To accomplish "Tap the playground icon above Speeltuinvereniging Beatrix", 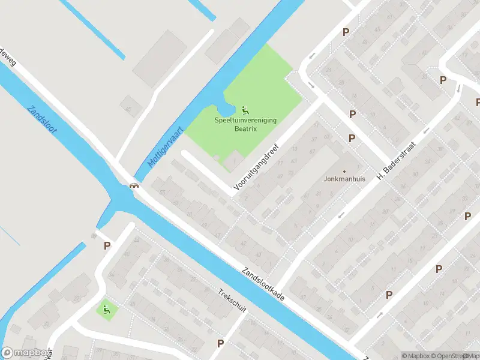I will tap(245, 110).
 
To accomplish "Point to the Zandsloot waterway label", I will tap(41, 119).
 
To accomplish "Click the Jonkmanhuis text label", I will tap(344, 179).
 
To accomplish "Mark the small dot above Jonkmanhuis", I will tap(344, 171).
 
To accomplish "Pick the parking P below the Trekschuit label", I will tap(221, 343).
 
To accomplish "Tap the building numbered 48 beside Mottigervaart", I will tap(130, 107).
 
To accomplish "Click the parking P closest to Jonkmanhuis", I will tap(352, 138).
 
